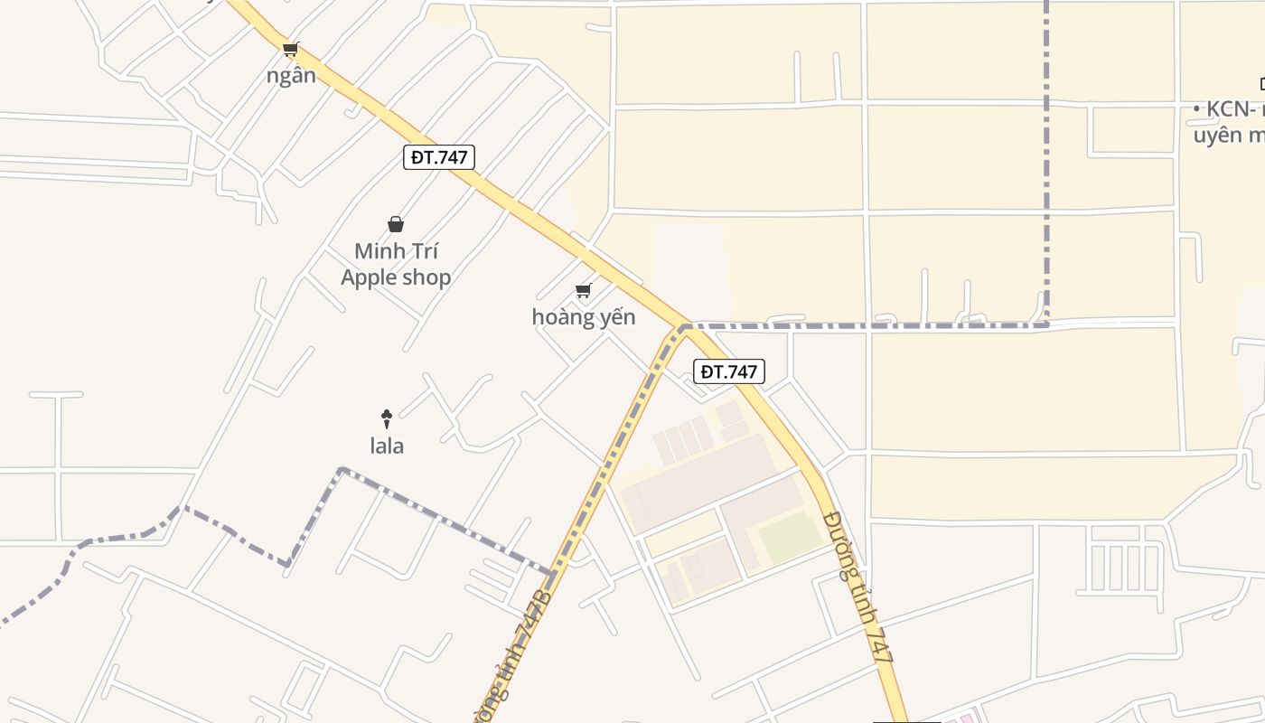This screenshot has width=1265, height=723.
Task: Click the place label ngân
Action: click(x=291, y=75)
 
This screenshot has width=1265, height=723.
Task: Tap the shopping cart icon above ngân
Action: click(x=290, y=50)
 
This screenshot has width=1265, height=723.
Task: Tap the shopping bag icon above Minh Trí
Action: click(x=395, y=224)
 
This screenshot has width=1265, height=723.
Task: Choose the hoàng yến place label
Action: click(x=584, y=317)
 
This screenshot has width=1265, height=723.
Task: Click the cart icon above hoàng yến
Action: click(x=584, y=291)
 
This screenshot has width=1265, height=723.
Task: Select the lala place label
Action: click(x=387, y=446)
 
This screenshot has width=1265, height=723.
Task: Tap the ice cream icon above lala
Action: click(x=387, y=418)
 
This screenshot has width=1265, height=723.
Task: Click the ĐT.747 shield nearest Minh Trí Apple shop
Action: click(x=439, y=157)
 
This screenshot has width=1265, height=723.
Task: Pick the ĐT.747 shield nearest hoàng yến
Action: click(x=729, y=371)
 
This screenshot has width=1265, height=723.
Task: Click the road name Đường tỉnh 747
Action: click(x=860, y=588)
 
